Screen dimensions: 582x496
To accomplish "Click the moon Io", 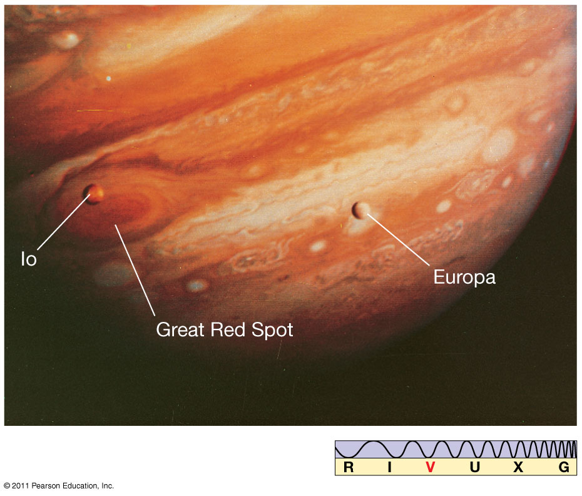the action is coord(93,194).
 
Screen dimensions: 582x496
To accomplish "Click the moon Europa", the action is coord(360,210).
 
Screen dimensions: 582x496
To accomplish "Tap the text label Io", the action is coord(29,259).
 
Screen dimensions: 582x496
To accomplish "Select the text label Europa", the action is coord(464,277).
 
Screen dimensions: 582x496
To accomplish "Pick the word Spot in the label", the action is coord(272,330).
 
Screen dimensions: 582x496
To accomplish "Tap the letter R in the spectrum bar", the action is coord(349,467).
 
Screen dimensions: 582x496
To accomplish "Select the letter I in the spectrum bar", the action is coord(389,467).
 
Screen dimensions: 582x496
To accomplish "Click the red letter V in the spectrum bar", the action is coord(431,467).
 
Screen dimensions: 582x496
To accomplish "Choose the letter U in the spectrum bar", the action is coord(475,467).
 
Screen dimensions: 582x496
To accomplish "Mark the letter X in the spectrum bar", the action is coord(518,467).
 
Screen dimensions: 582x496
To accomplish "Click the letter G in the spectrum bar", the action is coord(564,467).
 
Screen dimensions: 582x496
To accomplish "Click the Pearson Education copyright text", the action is coord(59,485).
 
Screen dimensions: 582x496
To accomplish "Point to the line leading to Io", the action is coord(63,222).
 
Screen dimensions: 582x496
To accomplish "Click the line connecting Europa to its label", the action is coord(398,239).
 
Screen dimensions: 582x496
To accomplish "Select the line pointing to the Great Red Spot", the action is coord(135,270).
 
